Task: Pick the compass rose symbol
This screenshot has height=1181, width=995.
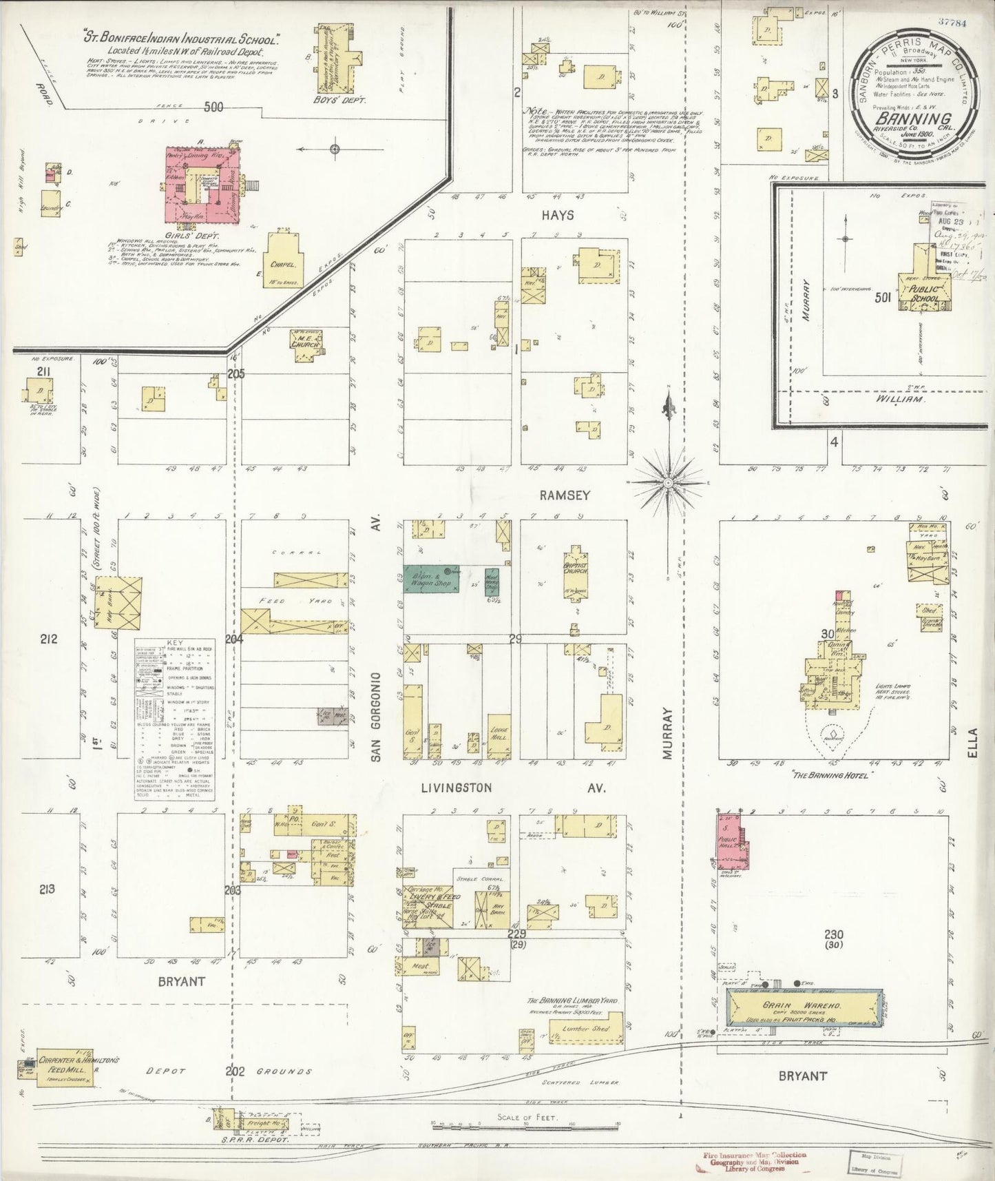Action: (667, 484)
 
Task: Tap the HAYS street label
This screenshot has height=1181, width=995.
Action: (557, 215)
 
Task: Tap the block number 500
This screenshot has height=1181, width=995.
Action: (214, 107)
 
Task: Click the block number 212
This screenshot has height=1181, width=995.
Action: (48, 639)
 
